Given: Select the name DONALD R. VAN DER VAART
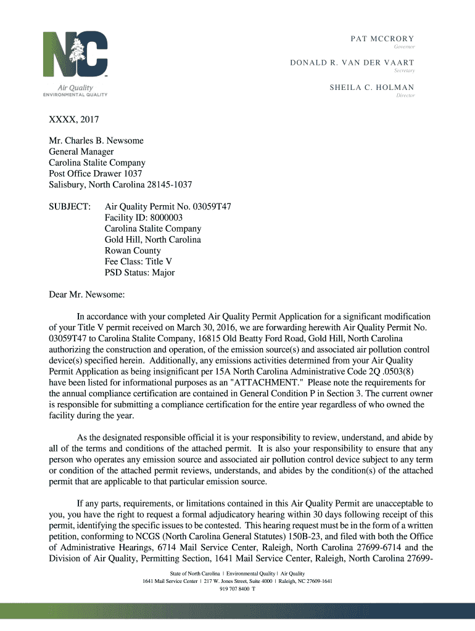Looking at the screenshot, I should pos(352,63).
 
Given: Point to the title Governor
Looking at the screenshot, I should pos(405,47).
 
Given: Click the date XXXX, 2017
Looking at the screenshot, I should pos(74,120).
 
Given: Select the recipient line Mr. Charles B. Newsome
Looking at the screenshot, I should pos(96,140).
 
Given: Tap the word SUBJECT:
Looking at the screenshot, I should pos(70,206).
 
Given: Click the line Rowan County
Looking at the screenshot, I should pos(133,251).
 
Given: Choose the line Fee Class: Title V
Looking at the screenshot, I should pos(138,262).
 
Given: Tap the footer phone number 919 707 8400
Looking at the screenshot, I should pos(234,588).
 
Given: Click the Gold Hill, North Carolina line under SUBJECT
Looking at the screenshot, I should pos(152,240).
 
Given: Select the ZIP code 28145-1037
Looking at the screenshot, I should pos(169,185).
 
